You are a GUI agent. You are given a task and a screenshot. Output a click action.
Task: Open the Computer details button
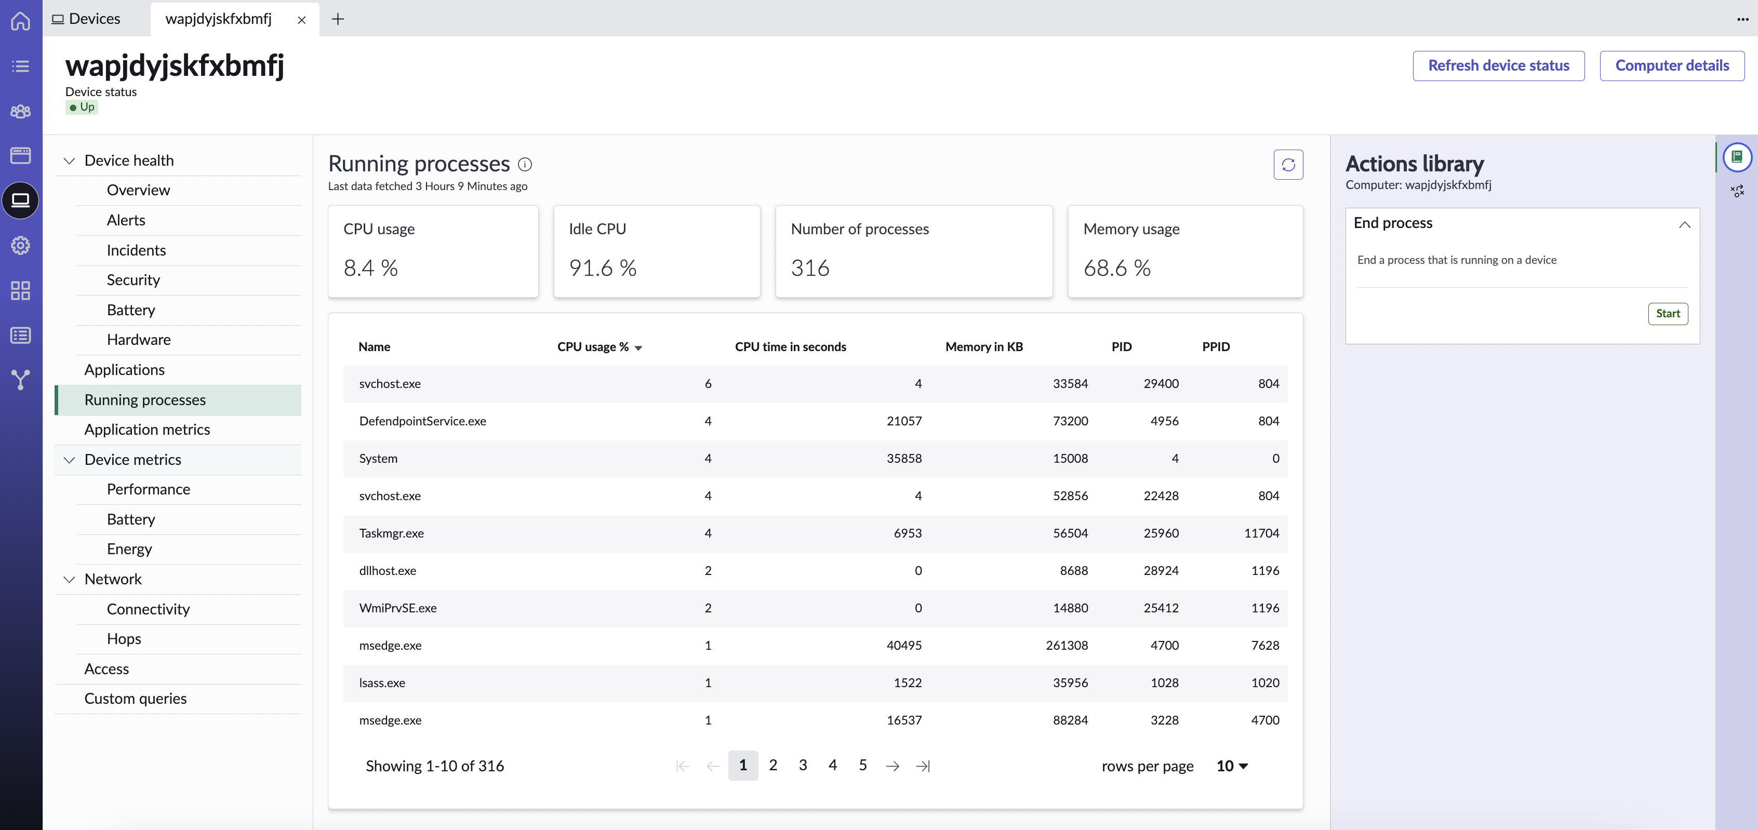pos(1671,65)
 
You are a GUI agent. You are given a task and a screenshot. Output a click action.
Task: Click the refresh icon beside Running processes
pos(1288,165)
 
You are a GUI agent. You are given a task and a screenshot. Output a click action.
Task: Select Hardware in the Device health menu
pos(139,339)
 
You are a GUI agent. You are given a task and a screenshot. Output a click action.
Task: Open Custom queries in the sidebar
pos(135,698)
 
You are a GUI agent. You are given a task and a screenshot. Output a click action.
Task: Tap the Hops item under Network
pos(124,639)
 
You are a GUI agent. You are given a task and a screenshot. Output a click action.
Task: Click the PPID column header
pos(1216,347)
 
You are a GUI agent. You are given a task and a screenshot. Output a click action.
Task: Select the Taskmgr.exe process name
pos(391,533)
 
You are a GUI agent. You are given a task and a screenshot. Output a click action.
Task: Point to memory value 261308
pos(1067,645)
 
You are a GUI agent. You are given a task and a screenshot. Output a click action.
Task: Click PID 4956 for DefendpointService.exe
pos(1164,421)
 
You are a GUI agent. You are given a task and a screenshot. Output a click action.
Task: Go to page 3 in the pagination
pos(803,765)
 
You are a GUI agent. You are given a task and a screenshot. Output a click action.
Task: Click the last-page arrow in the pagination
pos(923,766)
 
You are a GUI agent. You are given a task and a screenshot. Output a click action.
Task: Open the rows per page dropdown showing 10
pos(1232,766)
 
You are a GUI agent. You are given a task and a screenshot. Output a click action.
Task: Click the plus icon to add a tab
pos(337,19)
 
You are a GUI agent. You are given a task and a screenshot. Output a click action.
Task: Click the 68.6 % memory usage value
pos(1116,267)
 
